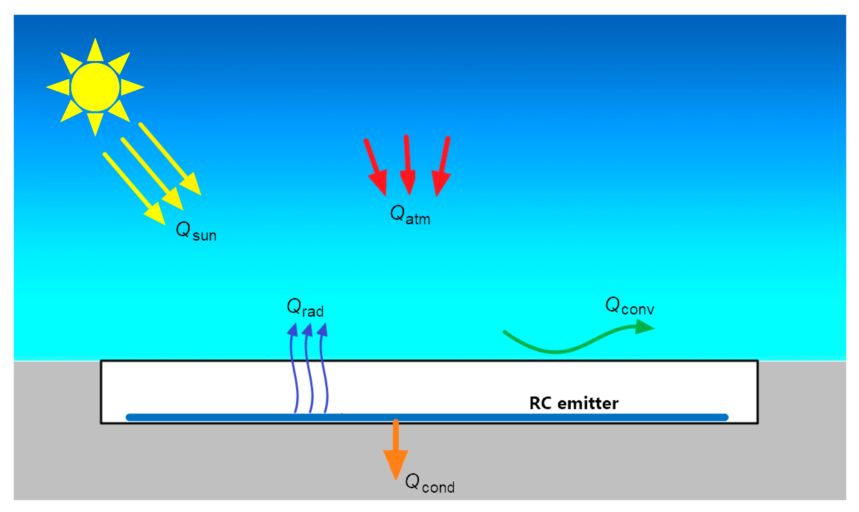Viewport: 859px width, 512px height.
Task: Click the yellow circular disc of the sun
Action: tap(95, 87)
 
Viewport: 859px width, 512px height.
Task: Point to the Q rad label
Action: tap(305, 307)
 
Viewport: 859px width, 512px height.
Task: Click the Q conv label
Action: tap(629, 306)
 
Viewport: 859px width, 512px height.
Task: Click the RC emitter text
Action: tap(574, 403)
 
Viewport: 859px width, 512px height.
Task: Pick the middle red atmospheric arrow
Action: tap(408, 166)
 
